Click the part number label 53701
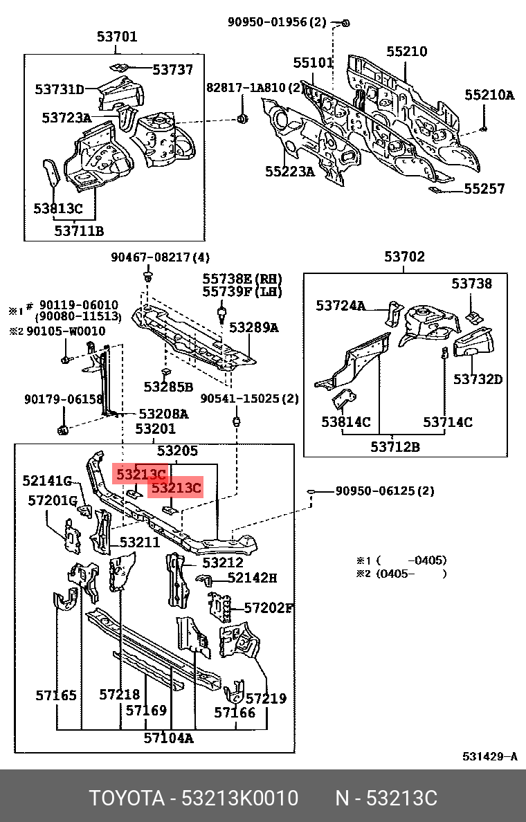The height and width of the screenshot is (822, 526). (117, 37)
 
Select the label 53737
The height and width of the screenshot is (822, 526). (173, 69)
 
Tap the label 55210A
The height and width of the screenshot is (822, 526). (489, 95)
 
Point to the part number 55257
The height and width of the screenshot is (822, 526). (484, 188)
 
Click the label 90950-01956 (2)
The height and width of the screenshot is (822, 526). (277, 21)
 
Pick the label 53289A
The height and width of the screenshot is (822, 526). (254, 327)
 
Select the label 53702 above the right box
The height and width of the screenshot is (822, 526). (405, 257)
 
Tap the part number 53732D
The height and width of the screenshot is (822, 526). (478, 378)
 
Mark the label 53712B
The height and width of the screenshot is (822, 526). (394, 446)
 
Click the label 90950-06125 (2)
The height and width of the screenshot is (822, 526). (385, 491)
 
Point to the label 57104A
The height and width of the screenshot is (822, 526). (169, 738)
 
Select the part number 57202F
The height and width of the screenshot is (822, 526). (269, 608)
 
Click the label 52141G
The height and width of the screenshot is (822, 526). (47, 480)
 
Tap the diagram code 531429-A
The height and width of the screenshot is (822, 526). (489, 756)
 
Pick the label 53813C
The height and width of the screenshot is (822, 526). (58, 208)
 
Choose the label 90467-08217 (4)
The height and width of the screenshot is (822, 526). (160, 257)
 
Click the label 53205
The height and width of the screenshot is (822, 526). (177, 451)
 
